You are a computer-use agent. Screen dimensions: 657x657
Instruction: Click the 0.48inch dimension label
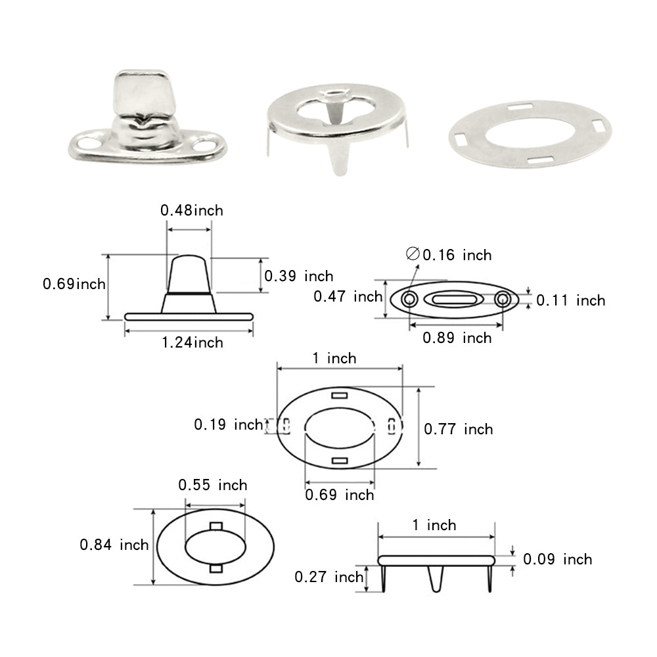point(191,210)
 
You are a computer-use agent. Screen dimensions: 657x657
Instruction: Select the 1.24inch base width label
point(193,342)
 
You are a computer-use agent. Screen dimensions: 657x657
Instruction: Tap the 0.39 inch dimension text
point(298,276)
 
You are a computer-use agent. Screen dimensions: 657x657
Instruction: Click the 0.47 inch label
point(348,296)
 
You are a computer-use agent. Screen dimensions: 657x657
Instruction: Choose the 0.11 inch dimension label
point(570,300)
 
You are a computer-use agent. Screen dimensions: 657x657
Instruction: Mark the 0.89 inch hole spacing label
point(457,338)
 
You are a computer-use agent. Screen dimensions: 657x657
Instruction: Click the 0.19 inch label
point(228,424)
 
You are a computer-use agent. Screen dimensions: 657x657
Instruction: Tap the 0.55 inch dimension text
point(213,485)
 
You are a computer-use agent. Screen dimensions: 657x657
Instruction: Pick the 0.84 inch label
point(114,545)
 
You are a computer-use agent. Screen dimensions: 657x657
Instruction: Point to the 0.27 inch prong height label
point(328,577)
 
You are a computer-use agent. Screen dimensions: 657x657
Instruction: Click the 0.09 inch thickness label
point(557,559)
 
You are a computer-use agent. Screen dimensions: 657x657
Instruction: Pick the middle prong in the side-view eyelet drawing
point(435,578)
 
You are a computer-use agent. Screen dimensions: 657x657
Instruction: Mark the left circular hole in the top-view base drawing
point(409,300)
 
